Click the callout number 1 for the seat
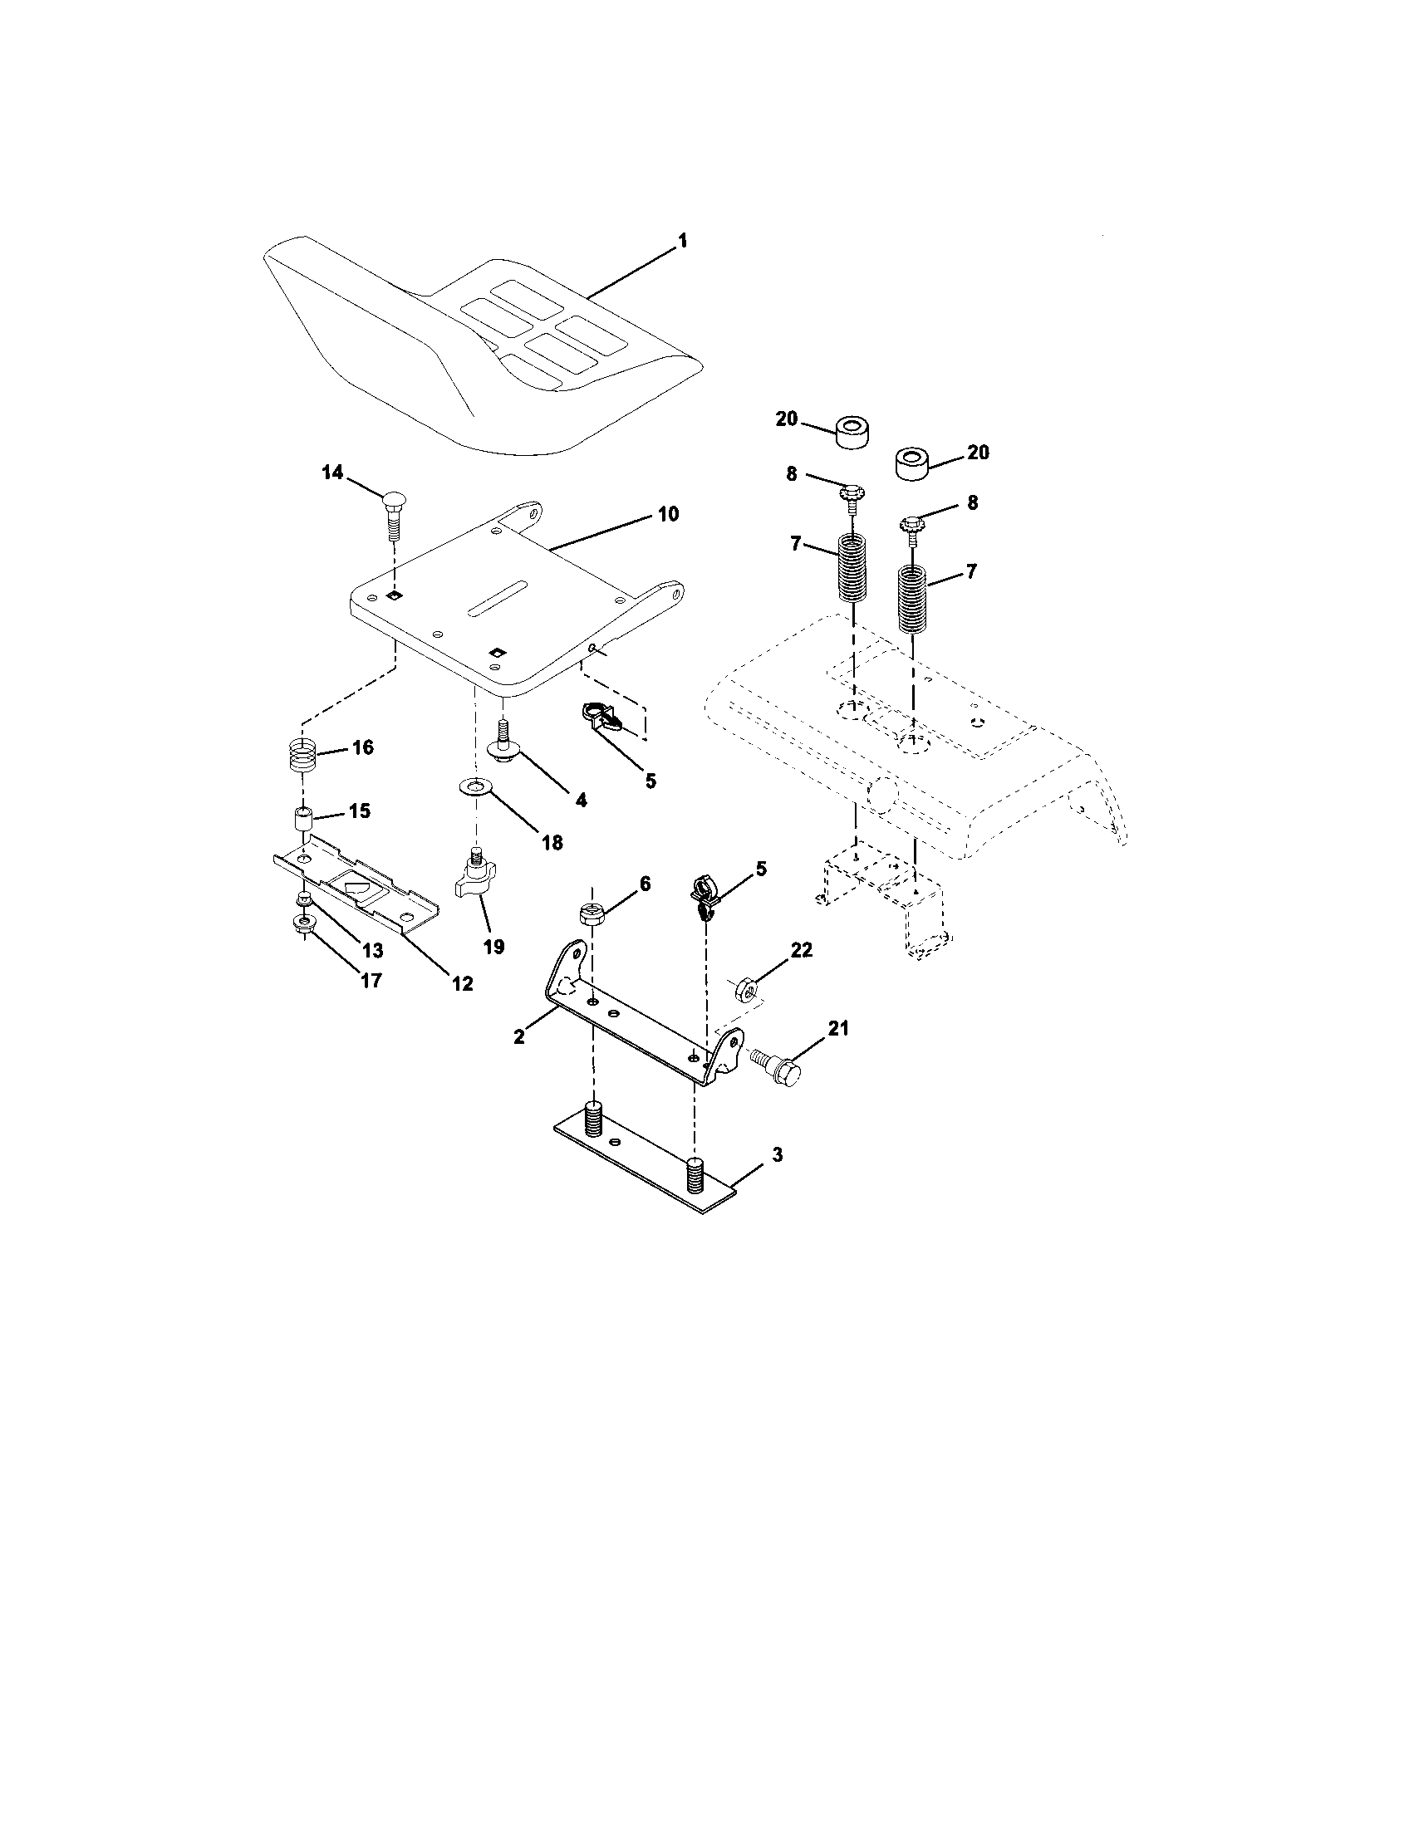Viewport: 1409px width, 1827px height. (682, 241)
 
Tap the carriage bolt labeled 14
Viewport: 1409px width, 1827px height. (394, 512)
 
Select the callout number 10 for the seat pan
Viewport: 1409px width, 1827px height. (667, 512)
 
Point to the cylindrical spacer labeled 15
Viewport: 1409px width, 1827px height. (302, 817)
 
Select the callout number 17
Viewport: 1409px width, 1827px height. (371, 980)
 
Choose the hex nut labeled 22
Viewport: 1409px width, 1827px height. (747, 991)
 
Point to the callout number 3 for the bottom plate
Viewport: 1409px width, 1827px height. (777, 1155)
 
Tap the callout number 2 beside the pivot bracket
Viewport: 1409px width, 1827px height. (518, 1036)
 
